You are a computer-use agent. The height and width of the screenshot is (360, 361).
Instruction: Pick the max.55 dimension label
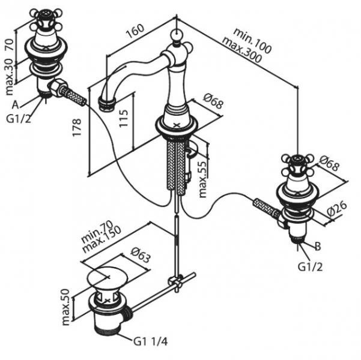204,178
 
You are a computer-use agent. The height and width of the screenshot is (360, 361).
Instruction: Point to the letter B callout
318,245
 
